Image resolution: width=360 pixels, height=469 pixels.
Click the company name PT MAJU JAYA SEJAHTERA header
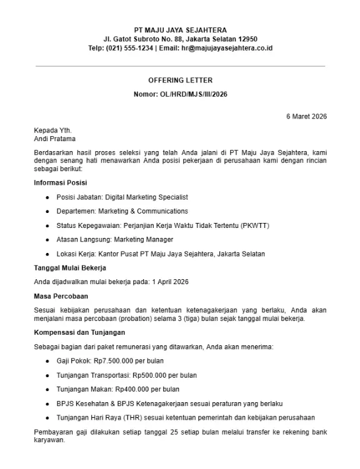click(181, 30)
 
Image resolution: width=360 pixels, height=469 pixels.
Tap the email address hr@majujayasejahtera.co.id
click(218, 48)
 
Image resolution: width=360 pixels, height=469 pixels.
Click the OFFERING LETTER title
click(180, 81)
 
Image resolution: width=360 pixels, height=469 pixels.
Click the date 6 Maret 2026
click(306, 117)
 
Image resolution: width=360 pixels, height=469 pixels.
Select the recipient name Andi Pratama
click(55, 139)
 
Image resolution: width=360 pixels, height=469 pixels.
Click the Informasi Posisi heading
click(61, 183)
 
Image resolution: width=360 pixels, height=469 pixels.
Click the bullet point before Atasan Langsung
click(48, 240)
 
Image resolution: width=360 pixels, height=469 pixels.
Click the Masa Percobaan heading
click(61, 295)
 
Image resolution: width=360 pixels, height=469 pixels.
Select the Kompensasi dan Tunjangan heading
click(80, 332)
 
